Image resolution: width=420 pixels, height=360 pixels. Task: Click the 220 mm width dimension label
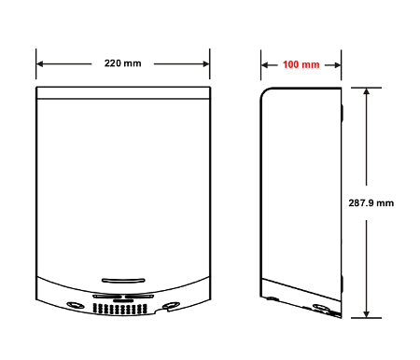[122, 64]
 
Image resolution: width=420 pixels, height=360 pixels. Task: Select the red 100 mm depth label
[301, 64]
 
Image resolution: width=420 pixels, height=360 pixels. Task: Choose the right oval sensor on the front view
[171, 305]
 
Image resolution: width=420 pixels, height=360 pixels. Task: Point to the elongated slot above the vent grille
[122, 279]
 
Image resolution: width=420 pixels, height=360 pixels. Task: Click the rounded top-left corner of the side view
[265, 92]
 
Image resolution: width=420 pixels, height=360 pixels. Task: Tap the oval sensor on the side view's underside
[320, 307]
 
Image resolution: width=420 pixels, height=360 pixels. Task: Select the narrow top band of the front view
[122, 92]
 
